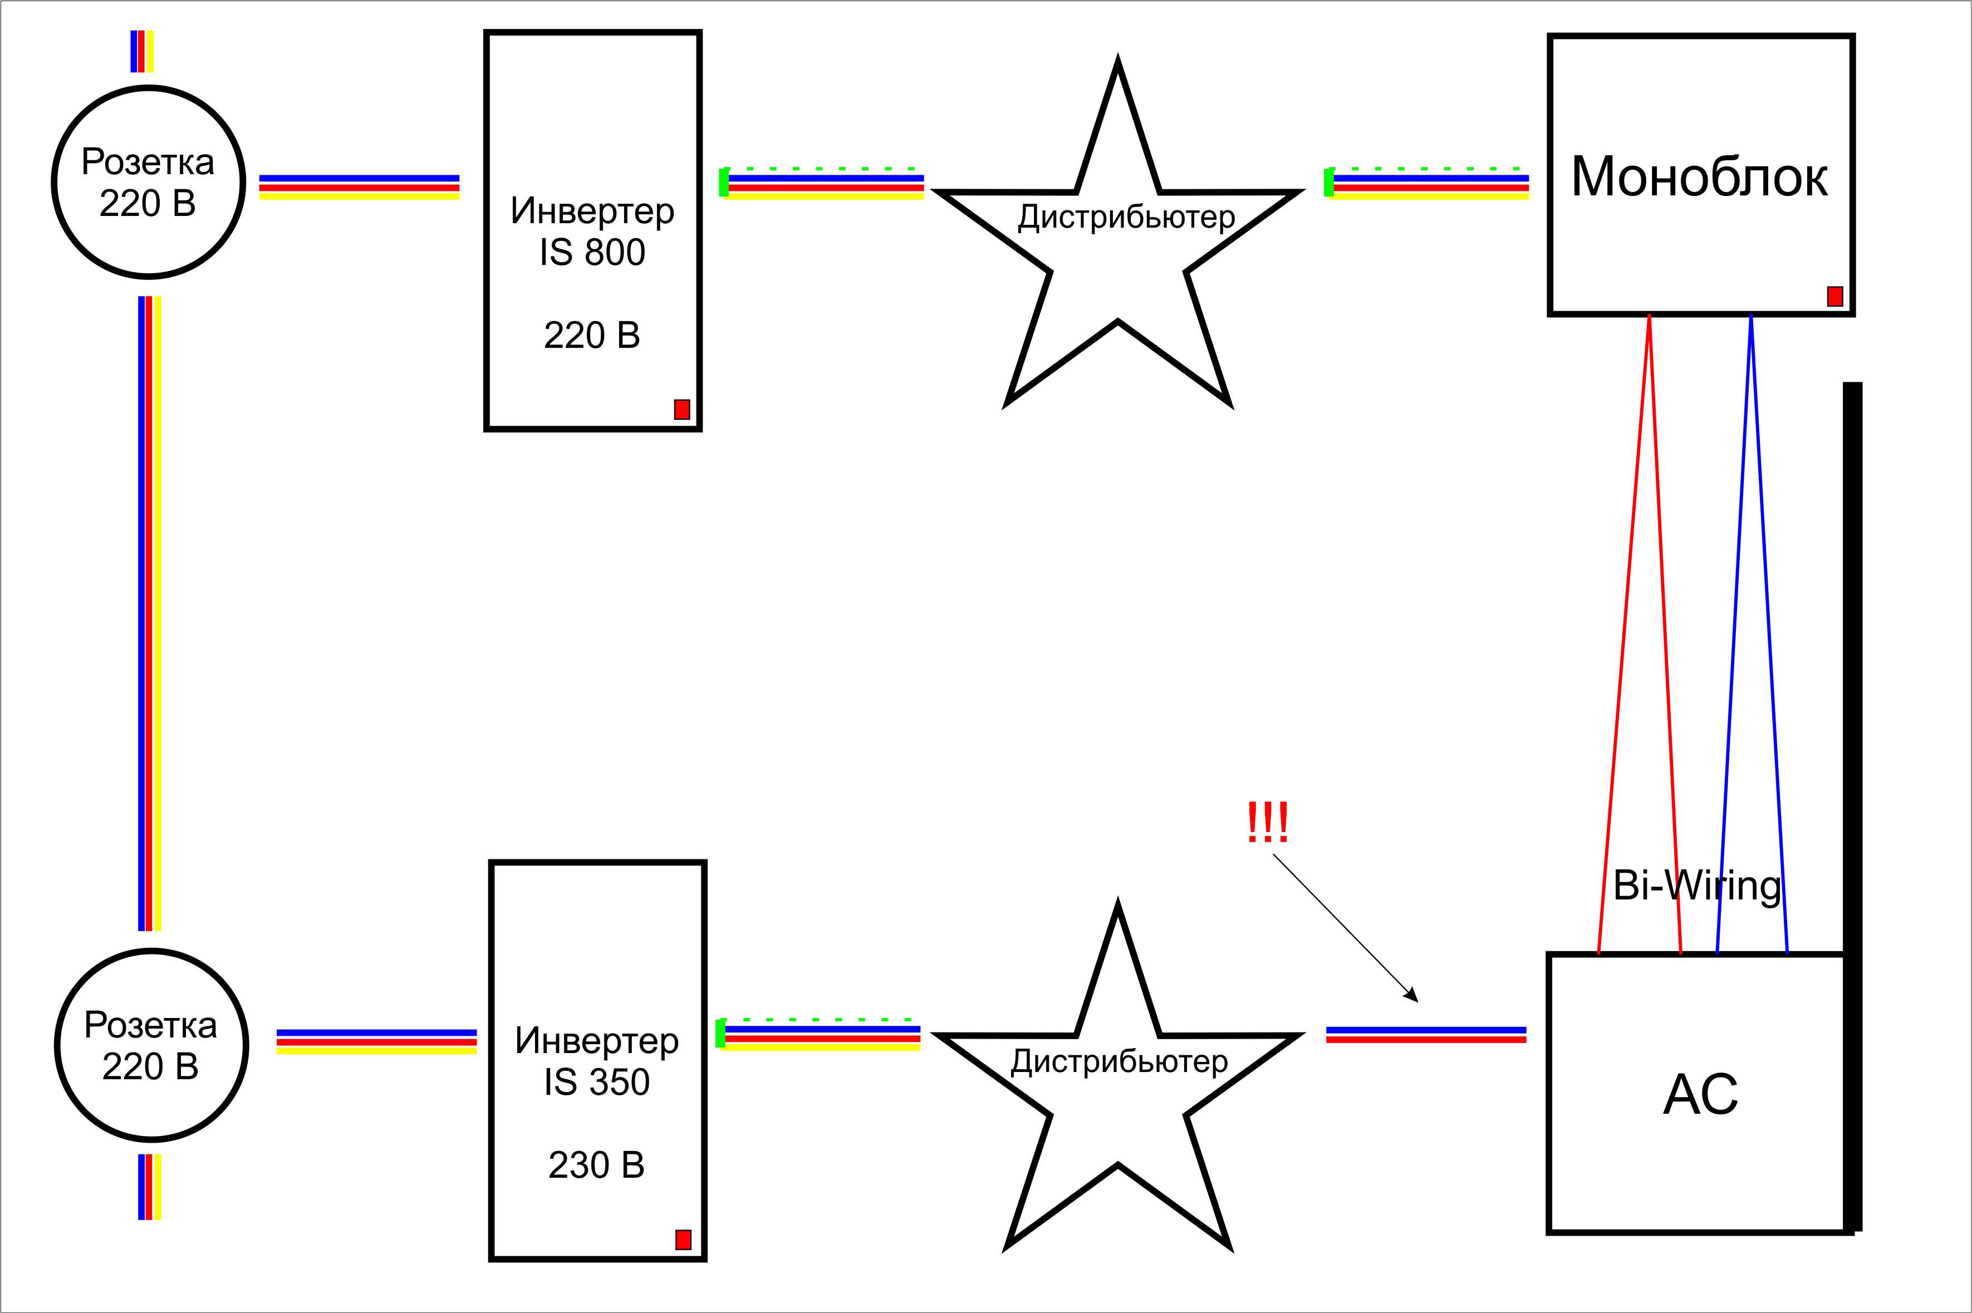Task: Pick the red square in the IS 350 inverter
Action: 683,1240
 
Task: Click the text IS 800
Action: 592,252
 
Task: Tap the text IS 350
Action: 596,1082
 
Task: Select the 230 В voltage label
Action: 596,1165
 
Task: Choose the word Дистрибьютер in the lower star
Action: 1119,1062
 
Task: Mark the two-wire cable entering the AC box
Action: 1426,1035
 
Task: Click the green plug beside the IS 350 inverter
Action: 720,1034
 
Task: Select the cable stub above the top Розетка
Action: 141,51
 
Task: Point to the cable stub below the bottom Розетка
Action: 149,1187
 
